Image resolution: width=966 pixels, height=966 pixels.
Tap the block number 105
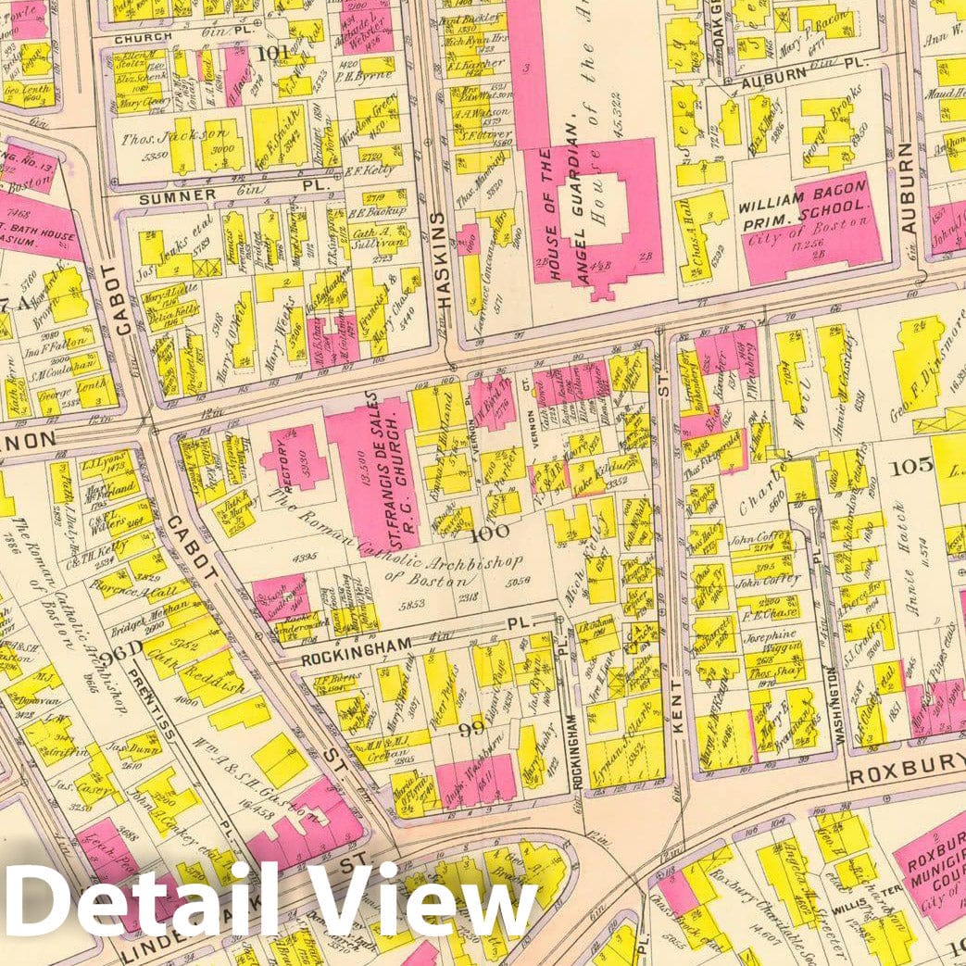point(910,466)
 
